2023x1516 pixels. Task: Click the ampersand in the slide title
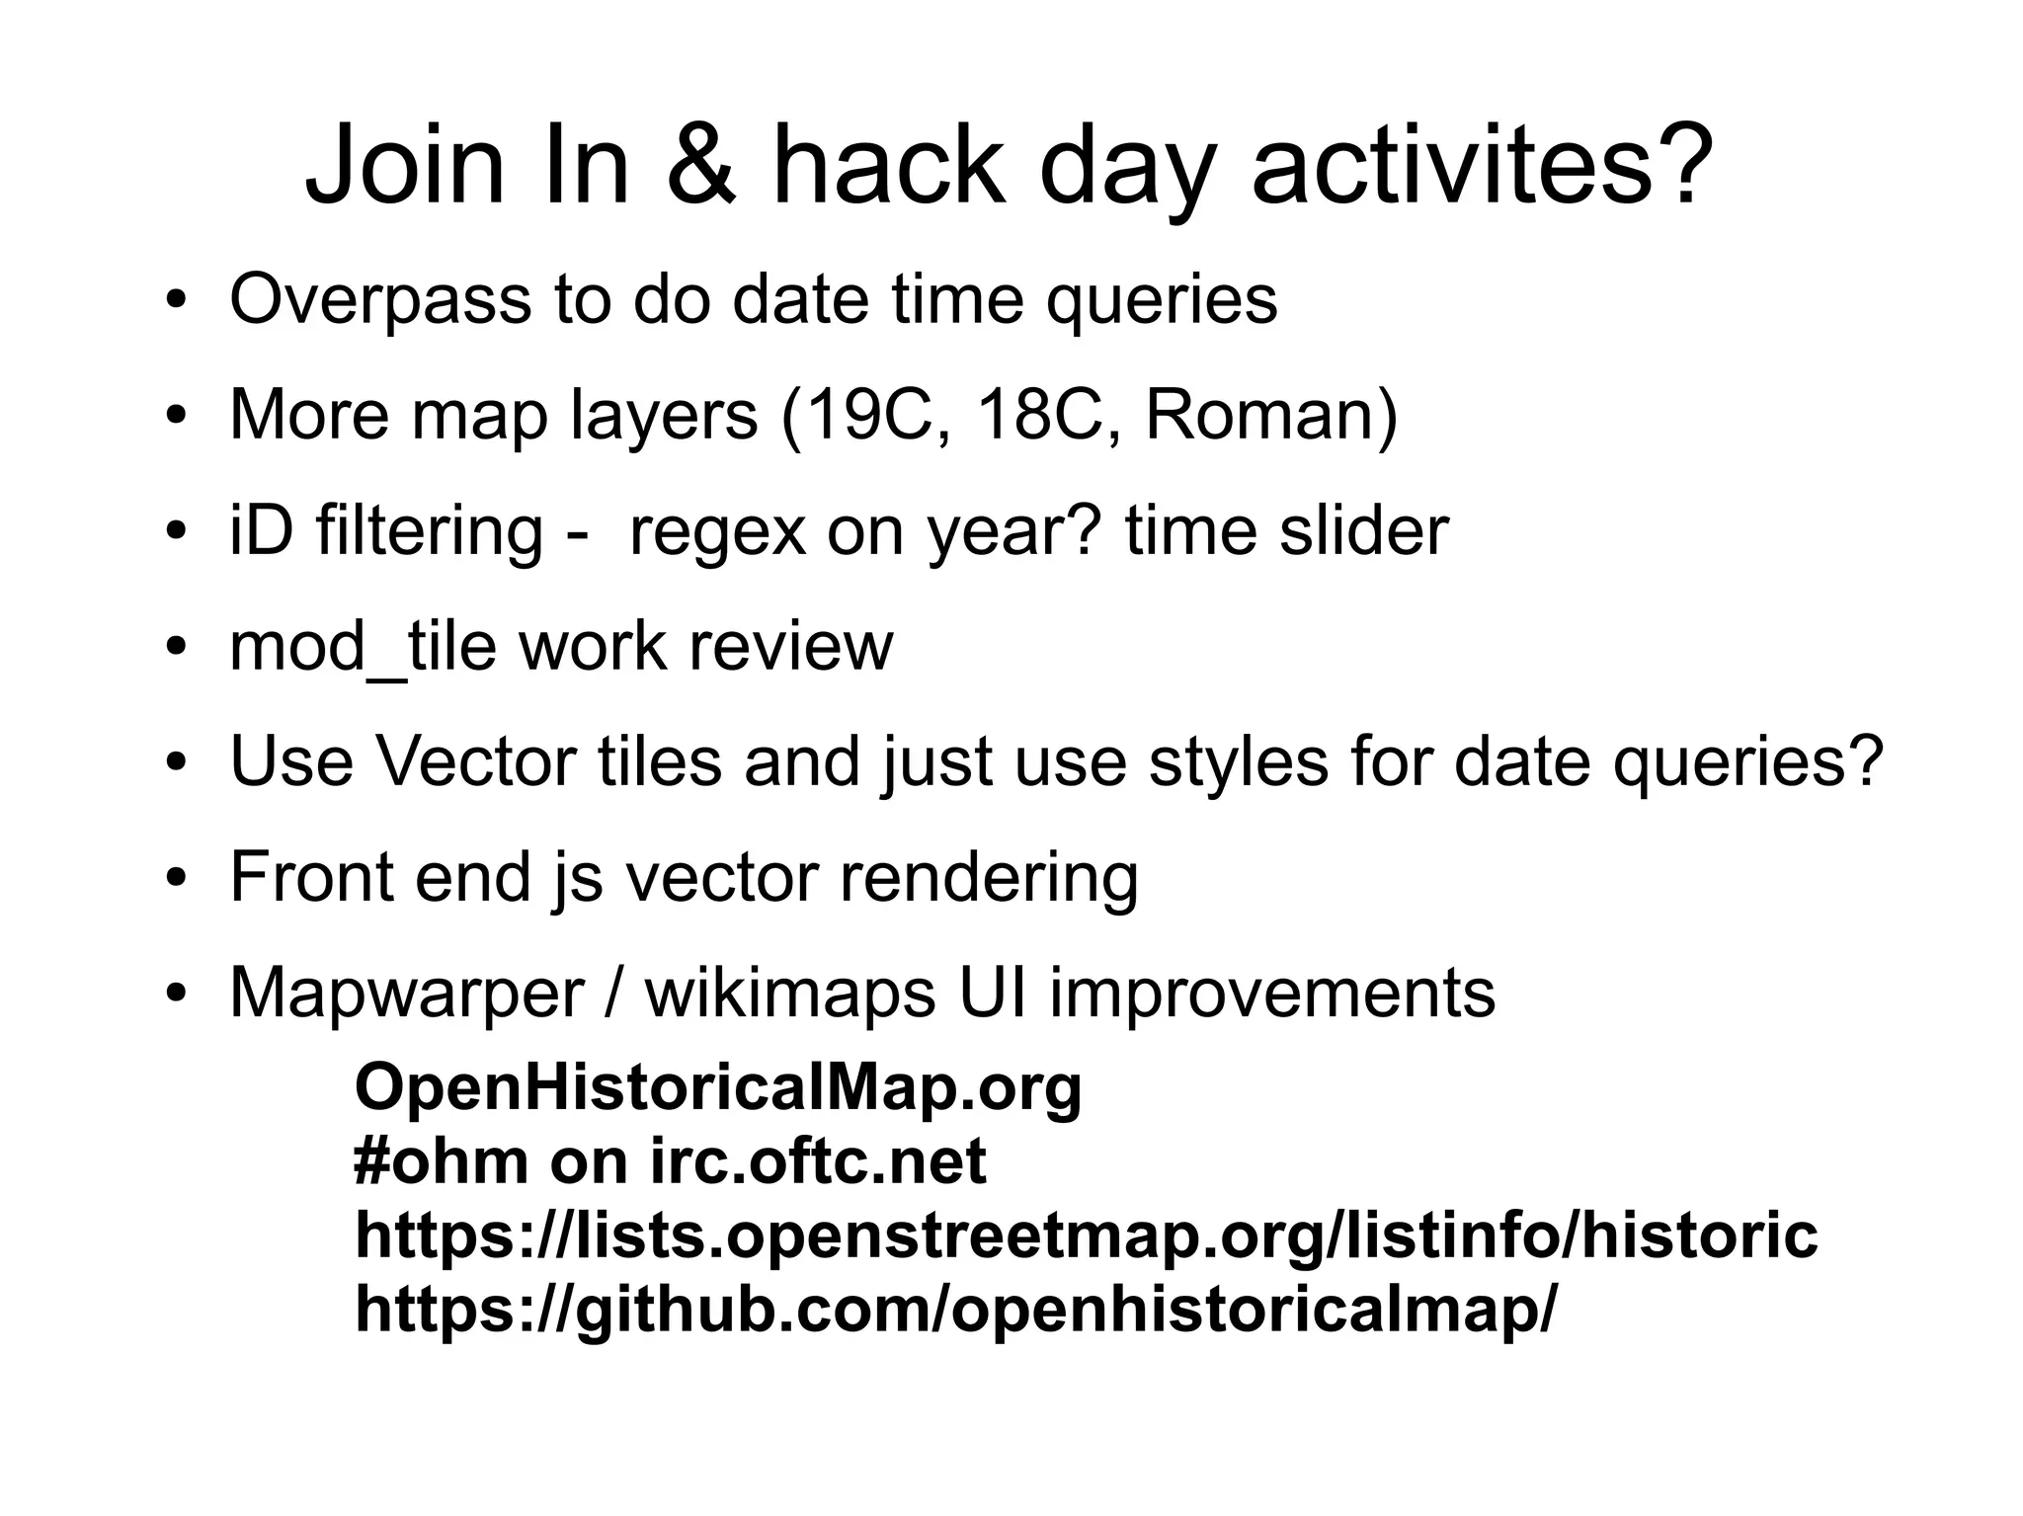[700, 165]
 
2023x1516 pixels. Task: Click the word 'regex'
[717, 531]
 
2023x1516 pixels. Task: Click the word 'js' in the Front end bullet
[577, 878]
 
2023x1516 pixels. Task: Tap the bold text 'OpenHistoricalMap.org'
[718, 1087]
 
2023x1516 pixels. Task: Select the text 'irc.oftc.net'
[818, 1160]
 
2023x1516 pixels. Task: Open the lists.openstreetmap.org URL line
[1086, 1235]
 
